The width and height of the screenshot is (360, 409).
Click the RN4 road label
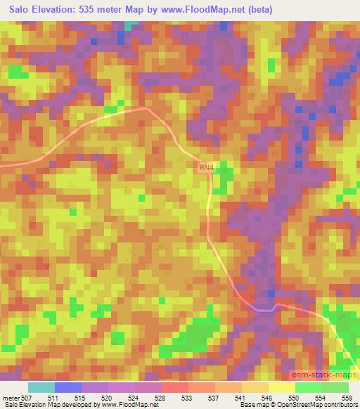(205, 168)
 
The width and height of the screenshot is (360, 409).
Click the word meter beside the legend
(10, 397)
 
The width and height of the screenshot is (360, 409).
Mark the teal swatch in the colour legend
(41, 387)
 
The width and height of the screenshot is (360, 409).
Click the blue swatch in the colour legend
(68, 387)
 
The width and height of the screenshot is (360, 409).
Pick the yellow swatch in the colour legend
(282, 387)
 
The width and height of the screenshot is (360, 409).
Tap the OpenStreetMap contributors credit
(319, 405)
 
